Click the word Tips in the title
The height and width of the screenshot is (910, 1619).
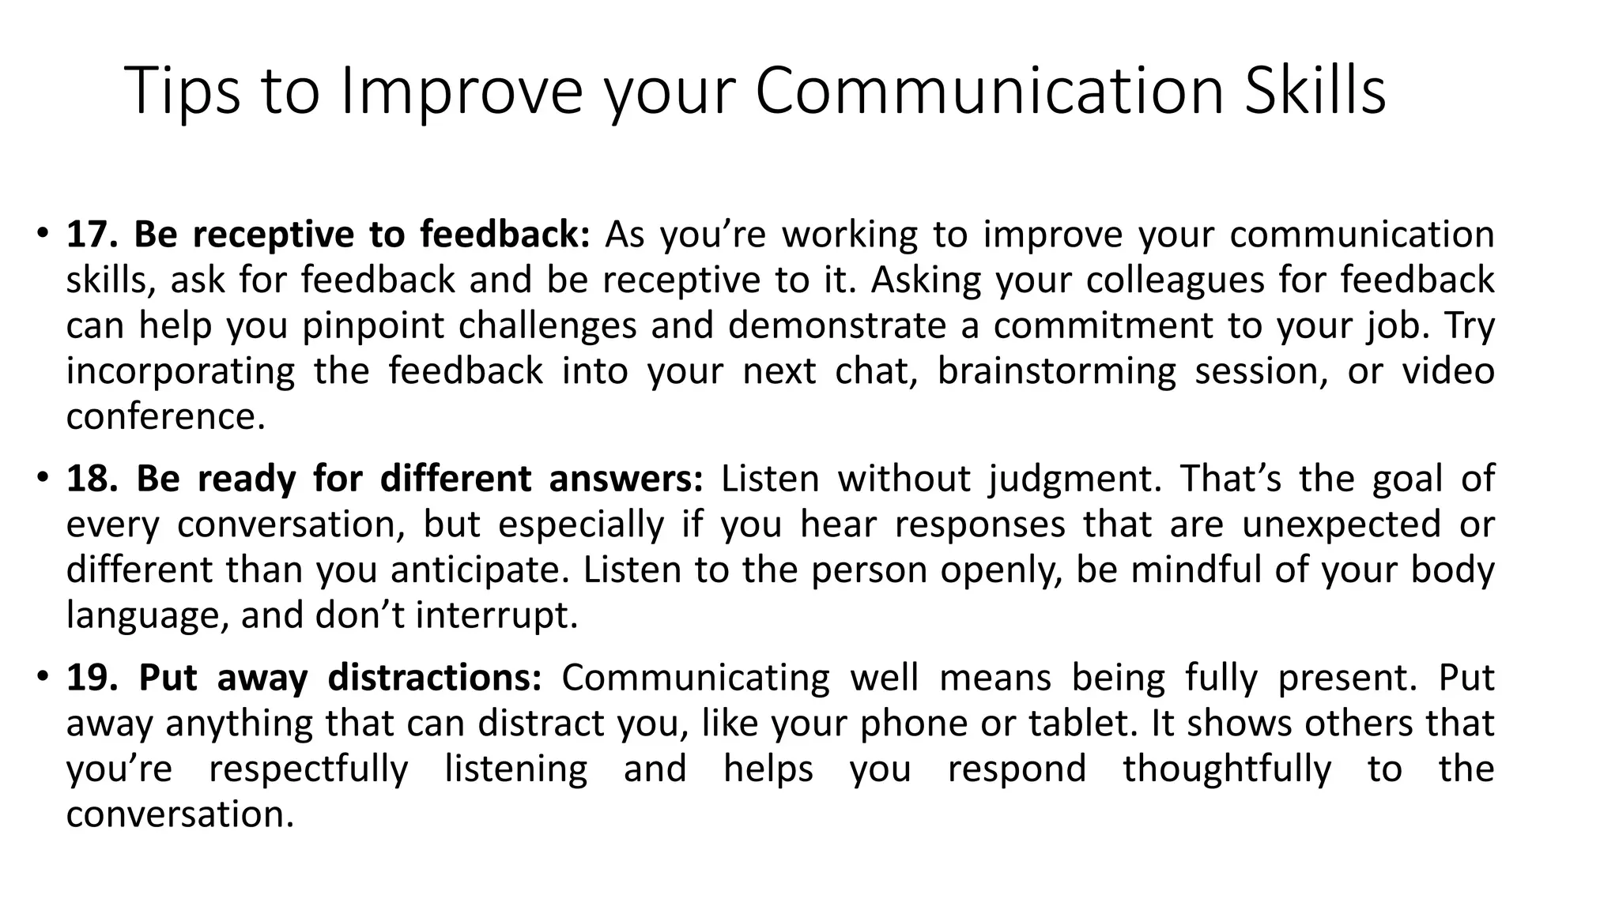coord(183,91)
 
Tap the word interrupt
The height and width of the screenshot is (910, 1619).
coord(497,615)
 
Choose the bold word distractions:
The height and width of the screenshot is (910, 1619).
coord(435,678)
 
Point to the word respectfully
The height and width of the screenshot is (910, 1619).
coord(308,769)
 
